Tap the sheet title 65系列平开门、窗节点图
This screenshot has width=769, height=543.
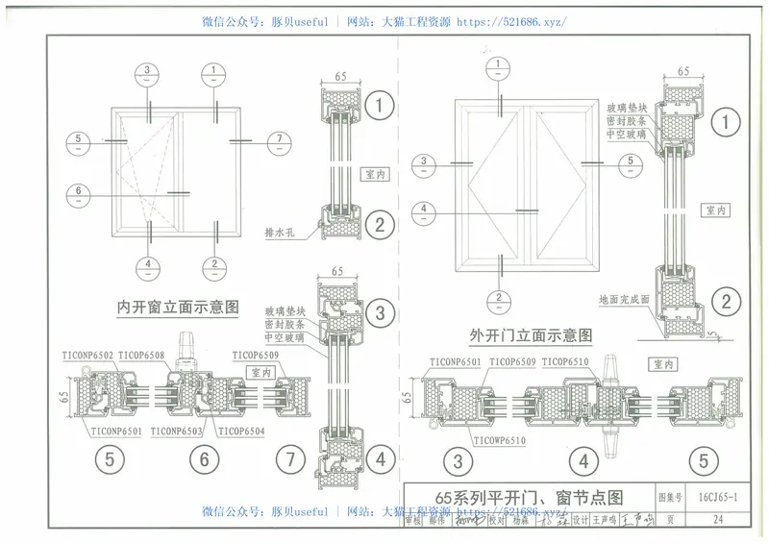(530, 497)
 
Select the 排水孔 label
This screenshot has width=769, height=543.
(280, 233)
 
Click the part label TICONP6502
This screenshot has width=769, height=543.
(86, 357)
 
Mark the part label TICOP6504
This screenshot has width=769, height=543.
(241, 432)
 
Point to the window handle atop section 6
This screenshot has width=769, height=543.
(188, 342)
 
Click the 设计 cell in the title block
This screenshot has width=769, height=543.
(579, 520)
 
